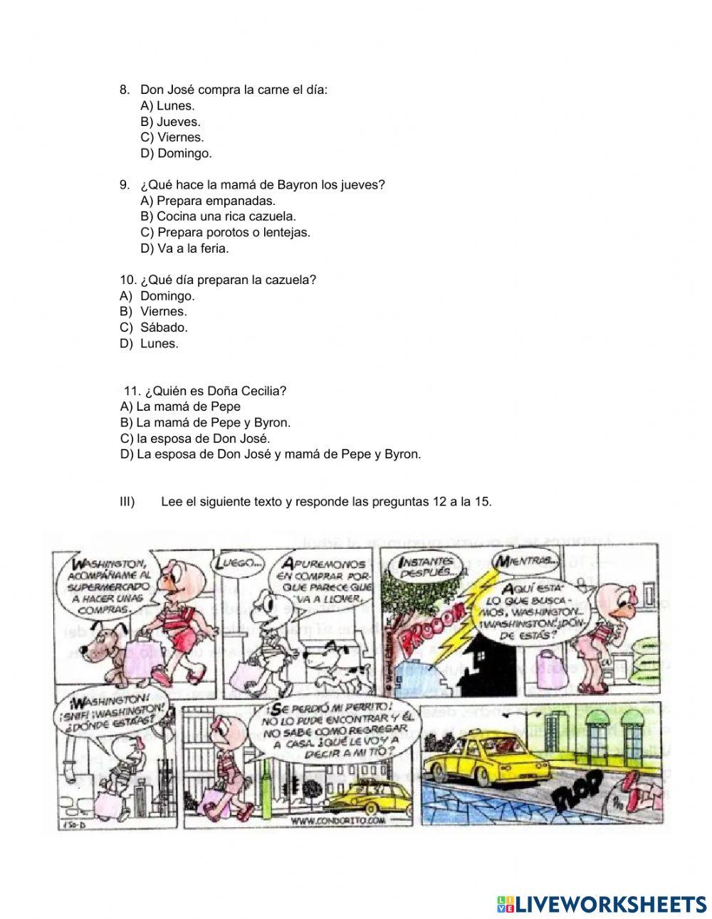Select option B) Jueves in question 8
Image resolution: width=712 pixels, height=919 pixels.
coord(170,122)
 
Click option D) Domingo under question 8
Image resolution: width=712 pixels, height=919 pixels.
coord(176,153)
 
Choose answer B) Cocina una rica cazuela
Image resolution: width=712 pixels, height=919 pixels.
coord(218,216)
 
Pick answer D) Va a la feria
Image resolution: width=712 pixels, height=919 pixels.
coord(184,248)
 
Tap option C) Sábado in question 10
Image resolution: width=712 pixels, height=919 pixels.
coord(164,327)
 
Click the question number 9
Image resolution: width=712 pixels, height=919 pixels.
coord(125,184)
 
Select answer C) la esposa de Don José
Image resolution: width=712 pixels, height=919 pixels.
coord(196,439)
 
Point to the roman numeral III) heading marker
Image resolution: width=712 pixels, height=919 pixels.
coord(127,501)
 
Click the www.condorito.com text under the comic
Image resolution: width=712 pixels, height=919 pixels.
coord(337,821)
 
